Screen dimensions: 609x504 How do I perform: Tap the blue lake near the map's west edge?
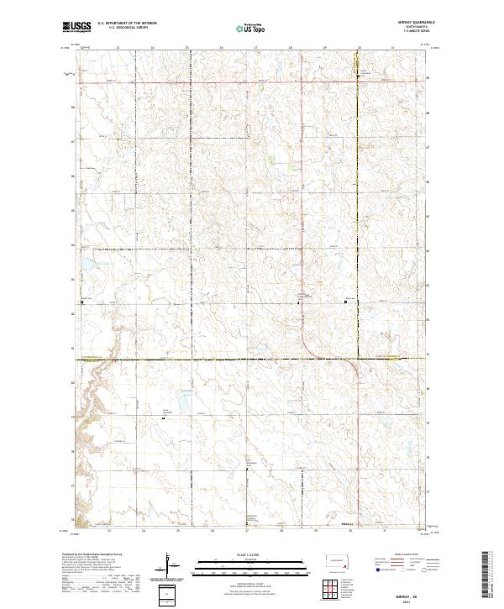[x=85, y=270]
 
